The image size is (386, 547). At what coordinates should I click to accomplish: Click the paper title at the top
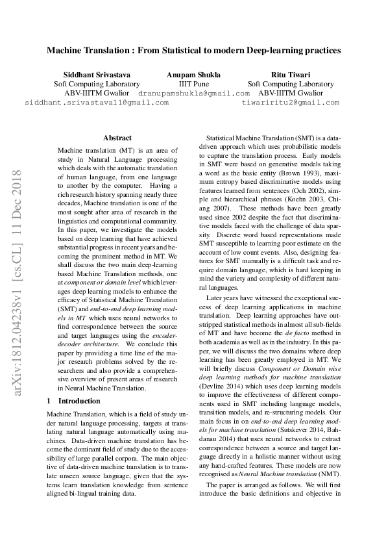[x=193, y=49]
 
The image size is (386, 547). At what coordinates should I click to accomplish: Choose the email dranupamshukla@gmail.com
[x=194, y=94]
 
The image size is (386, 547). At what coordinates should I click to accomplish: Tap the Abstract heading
[x=117, y=138]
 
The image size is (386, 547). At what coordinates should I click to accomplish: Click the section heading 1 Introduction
[x=74, y=401]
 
